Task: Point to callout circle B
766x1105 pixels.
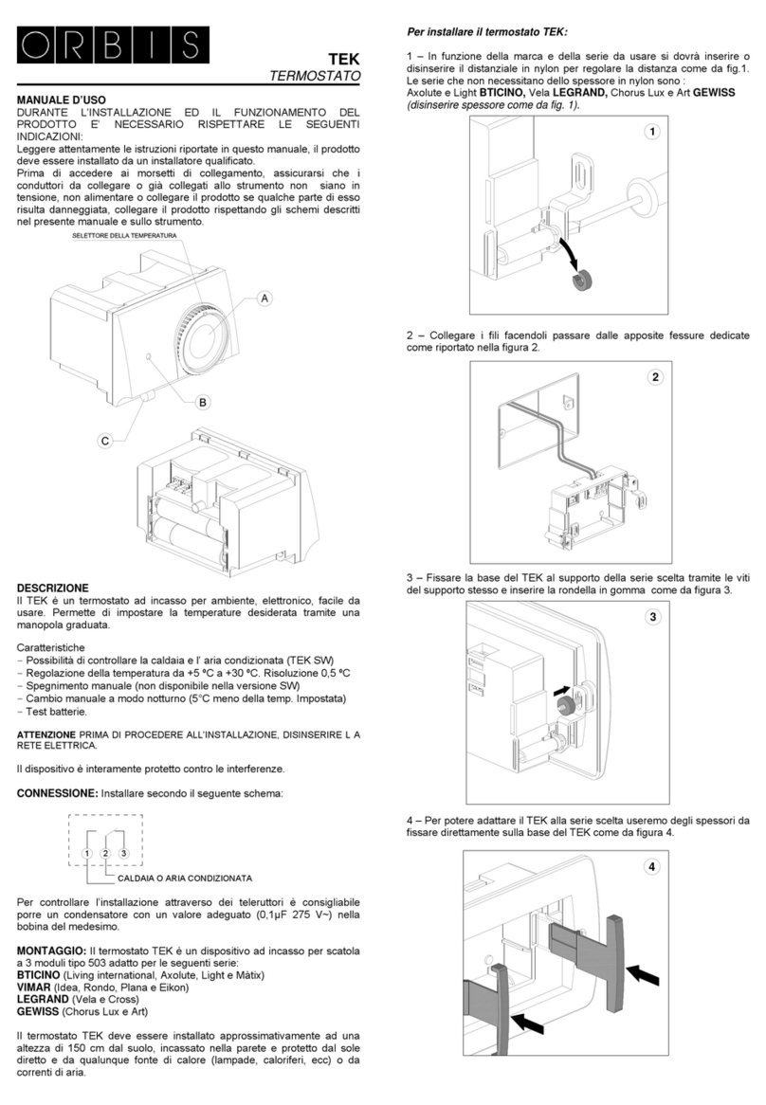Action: (x=201, y=403)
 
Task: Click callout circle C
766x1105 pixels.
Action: (x=105, y=440)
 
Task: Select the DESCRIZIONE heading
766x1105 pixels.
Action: (x=53, y=588)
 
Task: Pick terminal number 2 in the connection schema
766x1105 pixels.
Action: (x=105, y=854)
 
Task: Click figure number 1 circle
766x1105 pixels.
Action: (x=651, y=133)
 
